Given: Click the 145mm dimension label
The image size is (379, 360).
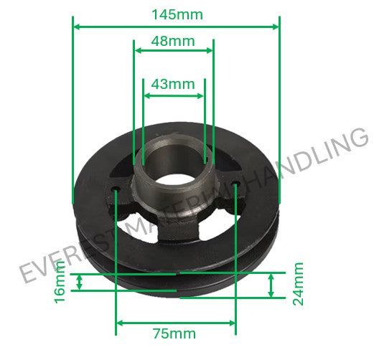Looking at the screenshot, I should [177, 14].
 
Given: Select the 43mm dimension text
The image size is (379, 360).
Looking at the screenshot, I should [173, 84].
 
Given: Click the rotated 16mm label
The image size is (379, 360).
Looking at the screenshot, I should [60, 283].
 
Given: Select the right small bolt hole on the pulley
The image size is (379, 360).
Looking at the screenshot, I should [236, 188].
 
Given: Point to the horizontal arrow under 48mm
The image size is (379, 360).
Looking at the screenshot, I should [174, 50].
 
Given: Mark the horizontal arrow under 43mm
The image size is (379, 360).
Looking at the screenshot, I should [174, 95].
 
